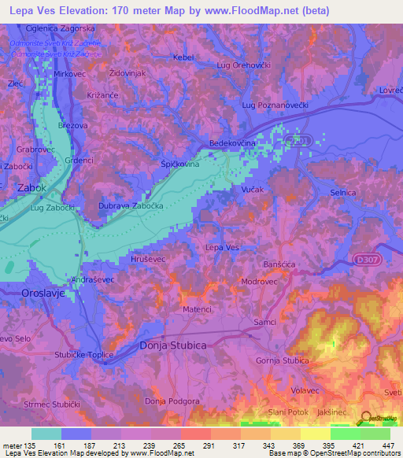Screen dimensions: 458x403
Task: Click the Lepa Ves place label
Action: pos(221,247)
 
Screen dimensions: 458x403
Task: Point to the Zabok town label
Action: pos(32,188)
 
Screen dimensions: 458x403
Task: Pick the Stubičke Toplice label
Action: pos(84,355)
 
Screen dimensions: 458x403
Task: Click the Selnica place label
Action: pos(343,193)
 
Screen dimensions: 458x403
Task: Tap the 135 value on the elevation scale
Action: pos(29,444)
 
